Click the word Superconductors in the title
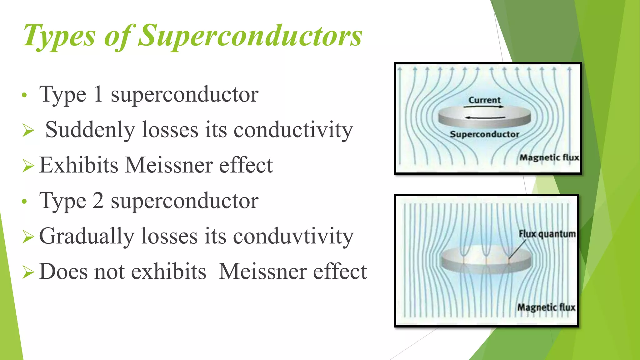pos(250,36)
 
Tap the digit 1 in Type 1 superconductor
pos(98,94)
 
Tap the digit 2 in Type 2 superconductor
pos(98,201)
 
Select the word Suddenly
pos(90,130)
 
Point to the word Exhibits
pos(78,165)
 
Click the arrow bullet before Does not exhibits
pos(28,272)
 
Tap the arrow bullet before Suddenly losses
pos(28,130)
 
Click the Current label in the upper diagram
pos(484,100)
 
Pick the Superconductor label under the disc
pos(484,134)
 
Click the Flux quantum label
pos(547,234)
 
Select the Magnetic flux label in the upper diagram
pos(549,157)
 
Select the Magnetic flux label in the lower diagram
pos(546,307)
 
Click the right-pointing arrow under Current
pos(484,107)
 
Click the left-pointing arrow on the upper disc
pos(485,118)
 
